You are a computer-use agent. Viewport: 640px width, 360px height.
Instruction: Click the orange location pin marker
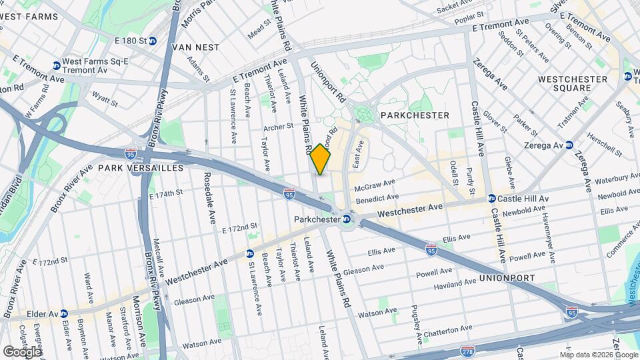321,159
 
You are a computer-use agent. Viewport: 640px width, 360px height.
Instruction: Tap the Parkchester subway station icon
347,219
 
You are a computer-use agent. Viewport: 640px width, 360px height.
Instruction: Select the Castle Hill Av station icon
491,199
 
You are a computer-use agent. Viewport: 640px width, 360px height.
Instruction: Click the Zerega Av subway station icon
569,145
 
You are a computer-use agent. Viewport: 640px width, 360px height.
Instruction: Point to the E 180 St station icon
153,41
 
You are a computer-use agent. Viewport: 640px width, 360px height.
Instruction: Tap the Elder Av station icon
63,313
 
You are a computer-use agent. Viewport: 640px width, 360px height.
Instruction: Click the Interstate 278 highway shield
468,350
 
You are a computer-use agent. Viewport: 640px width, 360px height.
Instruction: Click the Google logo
23,351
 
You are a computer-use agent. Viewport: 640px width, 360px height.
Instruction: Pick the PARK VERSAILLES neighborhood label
141,168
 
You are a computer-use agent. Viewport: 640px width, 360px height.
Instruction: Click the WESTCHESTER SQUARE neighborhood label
573,83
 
